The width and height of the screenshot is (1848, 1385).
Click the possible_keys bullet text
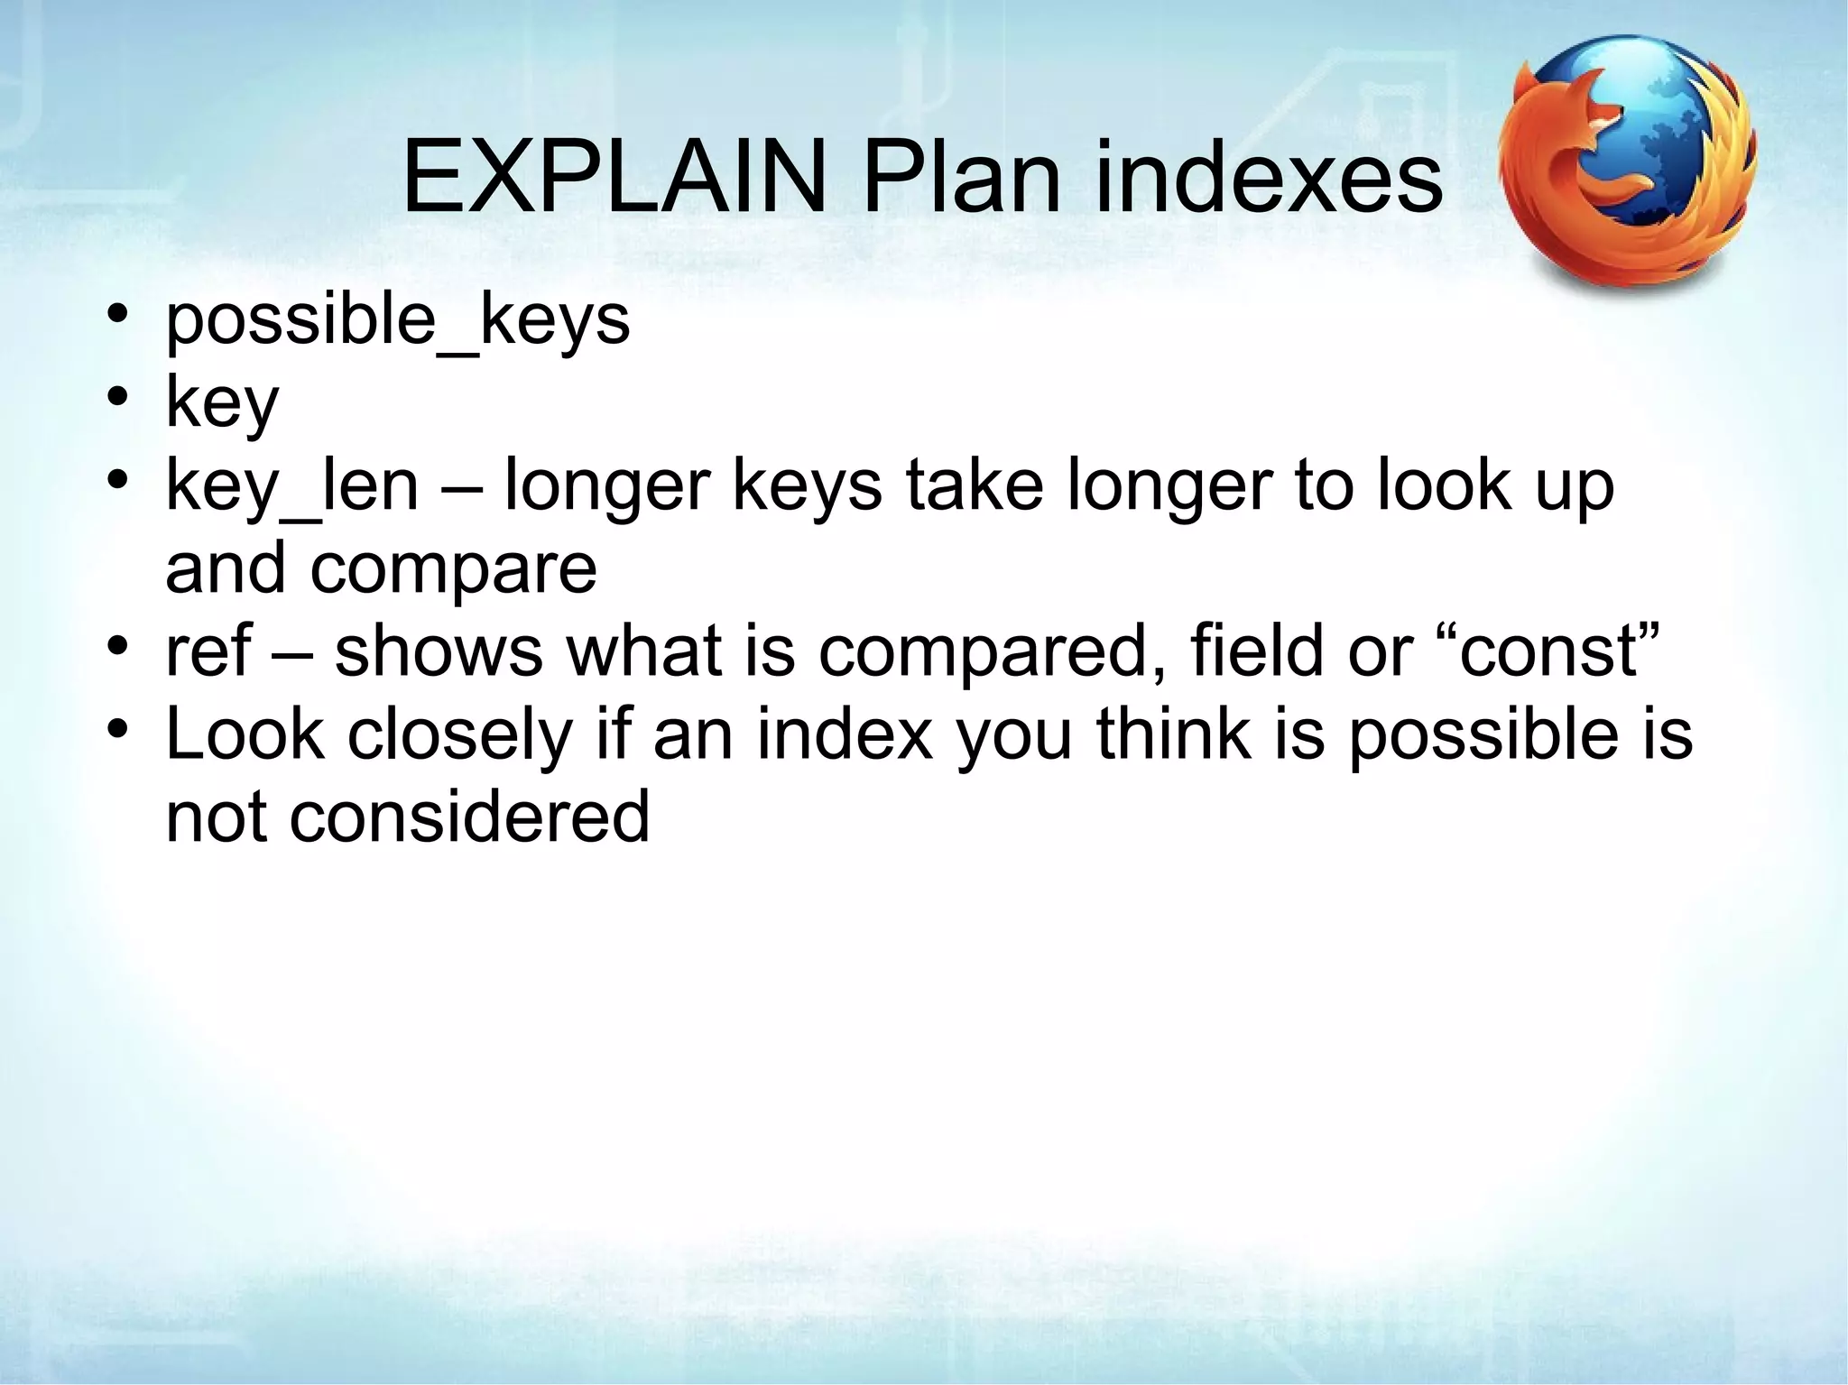tap(397, 320)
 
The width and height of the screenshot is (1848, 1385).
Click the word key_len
tap(291, 487)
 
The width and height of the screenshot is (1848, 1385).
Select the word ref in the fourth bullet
tap(208, 651)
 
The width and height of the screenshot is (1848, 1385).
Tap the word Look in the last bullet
tap(245, 734)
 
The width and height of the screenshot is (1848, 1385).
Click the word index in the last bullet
tap(845, 734)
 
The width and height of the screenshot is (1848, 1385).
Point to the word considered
tap(469, 816)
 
